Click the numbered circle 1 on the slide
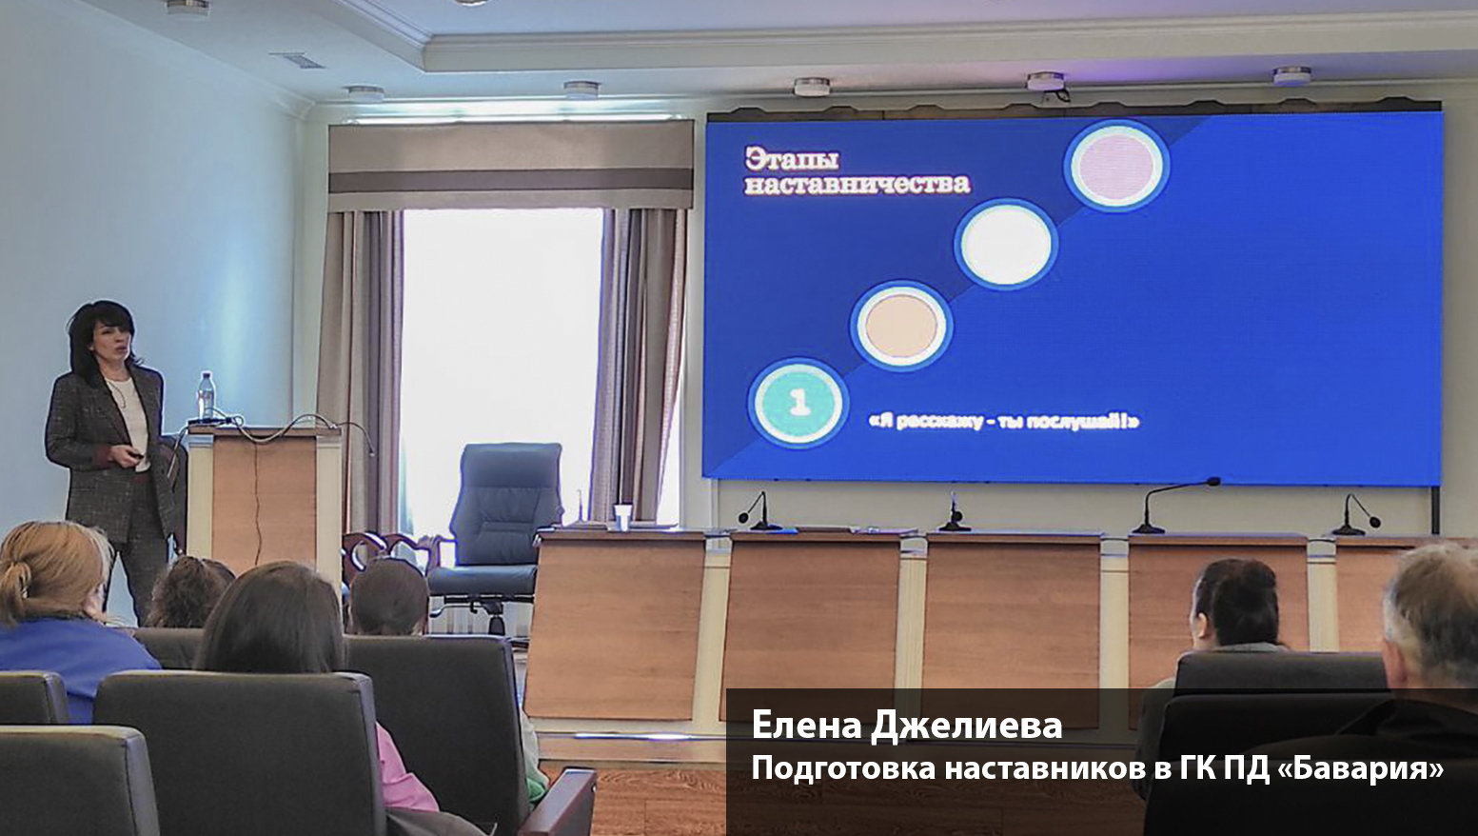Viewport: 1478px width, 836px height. click(798, 402)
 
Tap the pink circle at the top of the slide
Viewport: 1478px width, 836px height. click(1116, 165)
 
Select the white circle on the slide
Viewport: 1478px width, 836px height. click(1006, 245)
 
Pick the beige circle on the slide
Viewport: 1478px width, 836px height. click(901, 326)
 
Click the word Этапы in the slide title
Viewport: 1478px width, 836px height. click(792, 159)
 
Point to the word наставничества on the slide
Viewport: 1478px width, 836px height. click(857, 184)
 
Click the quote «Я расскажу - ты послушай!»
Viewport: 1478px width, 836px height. click(1004, 421)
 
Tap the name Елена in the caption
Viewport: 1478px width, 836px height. click(806, 725)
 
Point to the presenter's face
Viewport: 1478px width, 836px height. click(110, 342)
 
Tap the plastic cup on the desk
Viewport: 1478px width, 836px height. click(622, 516)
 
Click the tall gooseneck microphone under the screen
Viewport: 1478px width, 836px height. click(1174, 505)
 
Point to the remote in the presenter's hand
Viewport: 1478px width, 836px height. click(135, 455)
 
